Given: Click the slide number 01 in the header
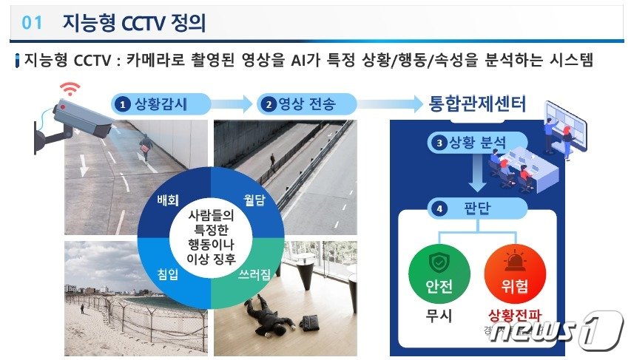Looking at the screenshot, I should pos(33,24).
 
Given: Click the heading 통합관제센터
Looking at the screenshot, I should pos(477,103).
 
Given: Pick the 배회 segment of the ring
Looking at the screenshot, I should pos(170,200).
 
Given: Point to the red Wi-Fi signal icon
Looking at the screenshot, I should pos(70,89).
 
